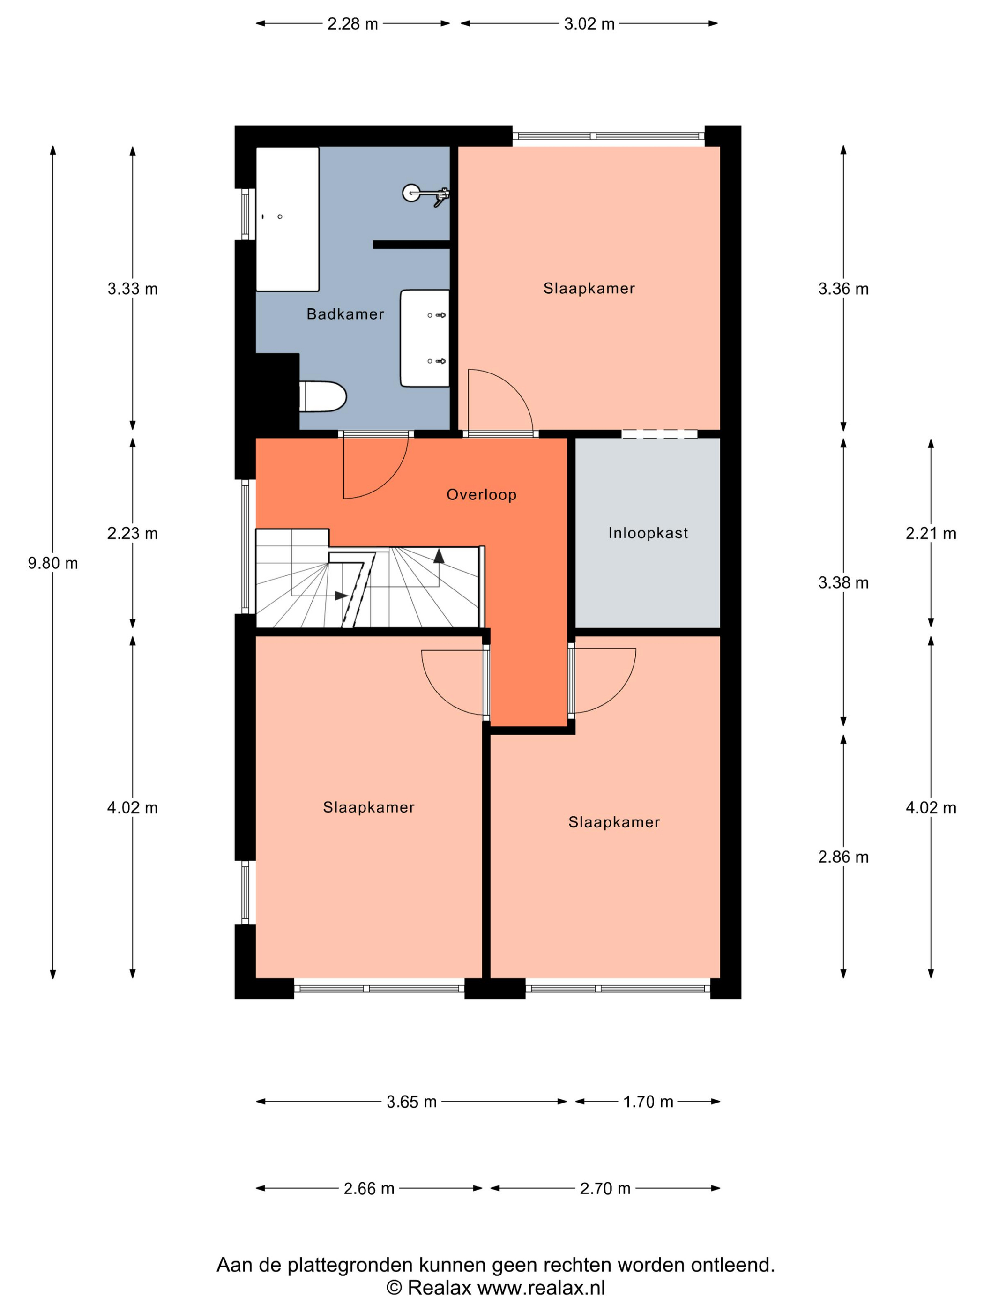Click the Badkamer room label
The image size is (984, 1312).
point(345,314)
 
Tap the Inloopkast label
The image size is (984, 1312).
point(648,533)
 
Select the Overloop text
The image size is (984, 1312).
point(481,495)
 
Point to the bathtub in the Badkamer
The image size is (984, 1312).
point(287,219)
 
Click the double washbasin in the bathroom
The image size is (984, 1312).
point(425,338)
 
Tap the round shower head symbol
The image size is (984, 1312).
point(411,193)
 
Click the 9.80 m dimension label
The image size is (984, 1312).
point(53,563)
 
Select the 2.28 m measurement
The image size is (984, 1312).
point(352,24)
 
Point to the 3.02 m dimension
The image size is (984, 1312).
point(589,24)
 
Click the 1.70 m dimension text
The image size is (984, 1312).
point(648,1102)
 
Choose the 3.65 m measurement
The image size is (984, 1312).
point(411,1102)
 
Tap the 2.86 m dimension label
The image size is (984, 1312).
point(843,857)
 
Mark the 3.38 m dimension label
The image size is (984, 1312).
point(843,582)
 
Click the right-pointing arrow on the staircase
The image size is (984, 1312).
point(341,596)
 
